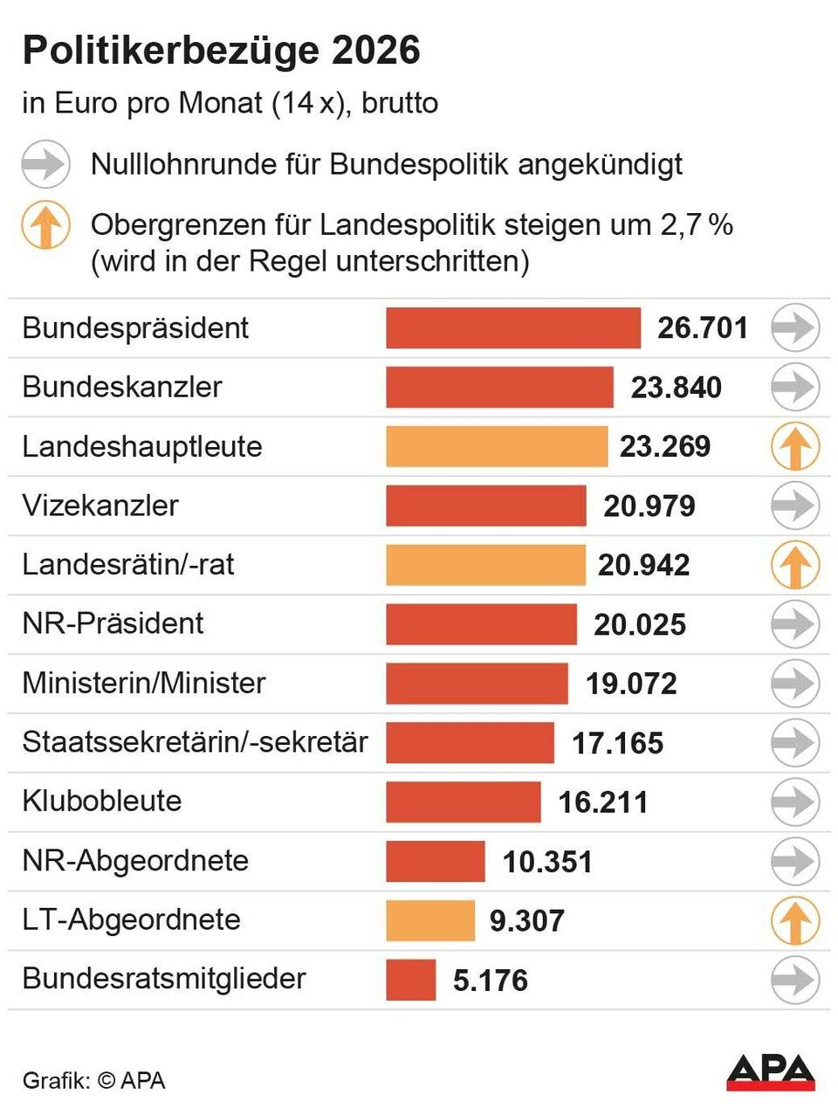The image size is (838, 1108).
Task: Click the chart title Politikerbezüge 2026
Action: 221,52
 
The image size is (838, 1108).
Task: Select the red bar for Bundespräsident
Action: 513,328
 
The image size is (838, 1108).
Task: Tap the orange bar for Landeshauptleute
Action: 497,447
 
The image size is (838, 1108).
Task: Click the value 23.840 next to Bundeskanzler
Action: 677,388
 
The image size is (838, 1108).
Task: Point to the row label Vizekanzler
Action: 100,506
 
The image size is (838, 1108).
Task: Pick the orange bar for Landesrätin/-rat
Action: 485,565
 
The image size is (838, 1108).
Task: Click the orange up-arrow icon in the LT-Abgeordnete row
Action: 794,920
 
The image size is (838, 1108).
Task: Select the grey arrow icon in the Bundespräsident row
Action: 794,328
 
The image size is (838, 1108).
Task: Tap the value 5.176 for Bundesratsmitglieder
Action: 491,980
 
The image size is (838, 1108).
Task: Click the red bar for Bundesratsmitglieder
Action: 410,980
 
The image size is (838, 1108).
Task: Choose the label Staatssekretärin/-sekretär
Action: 195,742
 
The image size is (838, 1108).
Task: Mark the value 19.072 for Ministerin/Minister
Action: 631,684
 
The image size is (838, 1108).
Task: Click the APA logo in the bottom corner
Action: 770,1072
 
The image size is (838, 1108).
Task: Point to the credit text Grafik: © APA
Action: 93,1080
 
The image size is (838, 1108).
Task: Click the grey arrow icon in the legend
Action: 45,164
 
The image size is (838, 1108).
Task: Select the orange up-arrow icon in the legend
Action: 45,226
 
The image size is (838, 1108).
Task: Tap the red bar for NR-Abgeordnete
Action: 435,861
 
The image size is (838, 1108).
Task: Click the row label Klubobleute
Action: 102,801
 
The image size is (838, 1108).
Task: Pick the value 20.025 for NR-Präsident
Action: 640,624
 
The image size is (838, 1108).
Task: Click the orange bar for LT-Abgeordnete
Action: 430,920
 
